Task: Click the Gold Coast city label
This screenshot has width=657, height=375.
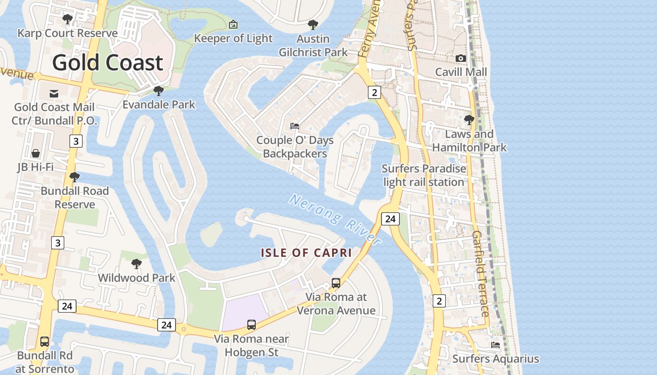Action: (x=107, y=63)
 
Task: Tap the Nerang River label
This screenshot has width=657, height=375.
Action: (x=335, y=219)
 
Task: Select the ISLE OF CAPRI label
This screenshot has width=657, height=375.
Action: (x=306, y=253)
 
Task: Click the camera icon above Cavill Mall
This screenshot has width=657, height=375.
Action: (x=461, y=58)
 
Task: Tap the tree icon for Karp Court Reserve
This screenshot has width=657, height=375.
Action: (x=68, y=19)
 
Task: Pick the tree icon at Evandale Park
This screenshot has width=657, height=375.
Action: (x=159, y=90)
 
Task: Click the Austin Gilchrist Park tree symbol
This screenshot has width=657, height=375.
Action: (x=313, y=25)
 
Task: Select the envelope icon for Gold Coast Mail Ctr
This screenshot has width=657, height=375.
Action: (x=54, y=93)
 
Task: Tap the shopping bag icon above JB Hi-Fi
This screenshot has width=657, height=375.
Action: (x=36, y=153)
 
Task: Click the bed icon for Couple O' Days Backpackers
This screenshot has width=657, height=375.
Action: (x=295, y=126)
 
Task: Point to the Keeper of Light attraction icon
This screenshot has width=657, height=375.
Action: (x=233, y=24)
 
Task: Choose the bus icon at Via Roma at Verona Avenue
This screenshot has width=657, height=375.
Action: (x=336, y=283)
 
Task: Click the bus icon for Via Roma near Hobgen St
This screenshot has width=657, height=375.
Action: (x=252, y=324)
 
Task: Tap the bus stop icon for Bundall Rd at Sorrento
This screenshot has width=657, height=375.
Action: (x=45, y=341)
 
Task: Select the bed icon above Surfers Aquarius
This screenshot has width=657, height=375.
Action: (x=496, y=345)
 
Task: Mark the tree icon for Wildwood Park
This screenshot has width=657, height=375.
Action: (x=137, y=264)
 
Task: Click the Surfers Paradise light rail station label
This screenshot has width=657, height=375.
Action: (x=424, y=175)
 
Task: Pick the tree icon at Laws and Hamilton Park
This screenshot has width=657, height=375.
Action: (x=469, y=120)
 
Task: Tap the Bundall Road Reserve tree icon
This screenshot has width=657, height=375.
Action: (x=74, y=177)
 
